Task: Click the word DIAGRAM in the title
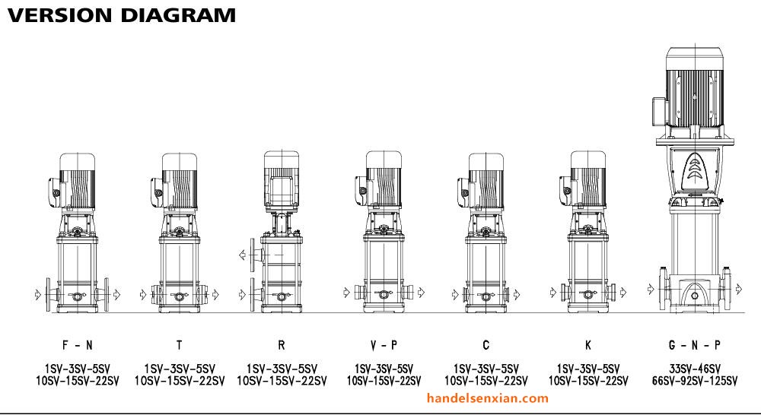[x=178, y=15]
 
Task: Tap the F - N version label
[x=77, y=345]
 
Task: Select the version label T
[x=180, y=345]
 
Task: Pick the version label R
[x=282, y=345]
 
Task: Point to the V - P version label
[x=384, y=345]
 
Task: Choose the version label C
[x=486, y=345]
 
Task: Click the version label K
[x=588, y=345]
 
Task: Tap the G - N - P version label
[x=695, y=345]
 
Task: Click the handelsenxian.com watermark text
[x=488, y=398]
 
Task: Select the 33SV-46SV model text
[x=695, y=369]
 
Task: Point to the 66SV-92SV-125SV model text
[x=695, y=381]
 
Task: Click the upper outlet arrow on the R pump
[x=243, y=255]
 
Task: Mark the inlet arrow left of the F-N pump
[x=38, y=294]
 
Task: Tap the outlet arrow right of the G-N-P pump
[x=739, y=290]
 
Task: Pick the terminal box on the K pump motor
[x=565, y=190]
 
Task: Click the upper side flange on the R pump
[x=253, y=255]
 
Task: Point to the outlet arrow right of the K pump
[x=623, y=293]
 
